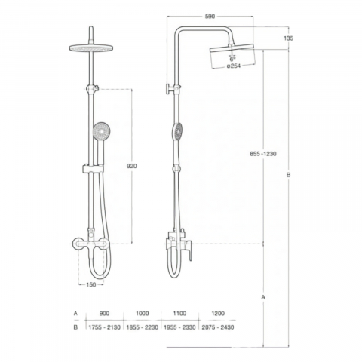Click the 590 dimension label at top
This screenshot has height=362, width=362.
(210, 17)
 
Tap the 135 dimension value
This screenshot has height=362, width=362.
(288, 38)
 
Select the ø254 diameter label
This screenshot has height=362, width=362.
(234, 66)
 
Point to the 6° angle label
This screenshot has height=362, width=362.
(232, 60)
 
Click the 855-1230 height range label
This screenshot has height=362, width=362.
(263, 154)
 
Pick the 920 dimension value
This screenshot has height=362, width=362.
(132, 166)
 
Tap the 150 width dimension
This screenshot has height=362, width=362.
(90, 284)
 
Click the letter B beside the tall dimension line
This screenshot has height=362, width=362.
(288, 175)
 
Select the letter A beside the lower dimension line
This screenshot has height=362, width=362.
(263, 297)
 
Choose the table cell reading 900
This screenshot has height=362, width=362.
(104, 314)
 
